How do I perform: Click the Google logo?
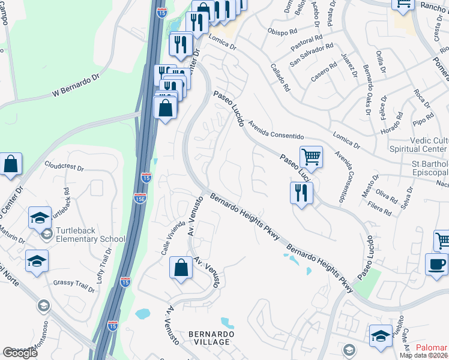point(20,353)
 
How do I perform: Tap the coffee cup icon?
point(437,264)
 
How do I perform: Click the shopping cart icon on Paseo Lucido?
point(311,157)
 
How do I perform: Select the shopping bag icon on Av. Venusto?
point(181,268)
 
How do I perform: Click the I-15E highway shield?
point(139,199)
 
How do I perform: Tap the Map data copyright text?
point(424,355)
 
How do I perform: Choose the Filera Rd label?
point(379,211)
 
